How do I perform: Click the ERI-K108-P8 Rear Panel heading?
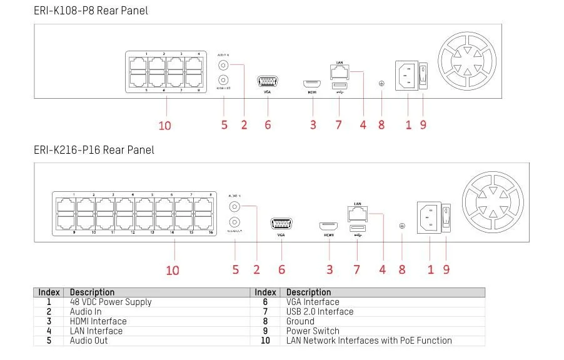[91, 11]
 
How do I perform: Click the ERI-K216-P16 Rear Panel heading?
[94, 150]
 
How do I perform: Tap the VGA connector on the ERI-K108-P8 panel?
[268, 82]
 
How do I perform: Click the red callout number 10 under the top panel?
[164, 125]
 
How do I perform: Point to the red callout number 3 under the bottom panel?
[330, 269]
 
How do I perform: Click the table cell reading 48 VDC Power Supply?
[110, 302]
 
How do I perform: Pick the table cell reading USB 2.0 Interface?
[320, 311]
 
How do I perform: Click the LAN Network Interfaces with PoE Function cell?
[369, 341]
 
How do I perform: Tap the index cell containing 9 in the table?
[265, 331]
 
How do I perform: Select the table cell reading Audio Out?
[89, 341]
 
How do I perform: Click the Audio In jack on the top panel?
[222, 64]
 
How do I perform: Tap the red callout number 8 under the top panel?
[381, 125]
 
